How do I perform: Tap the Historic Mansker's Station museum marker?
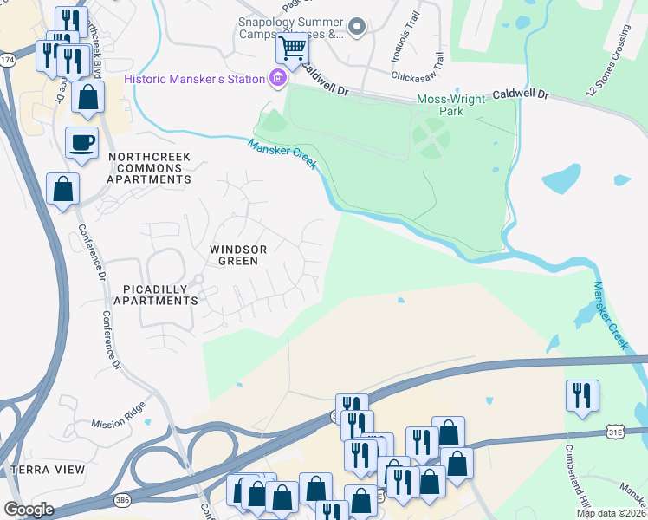coord(277,80)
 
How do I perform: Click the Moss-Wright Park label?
coord(451,105)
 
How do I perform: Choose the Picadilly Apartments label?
coord(160,294)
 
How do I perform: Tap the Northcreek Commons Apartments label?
coord(149,168)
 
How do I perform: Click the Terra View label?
coord(48,470)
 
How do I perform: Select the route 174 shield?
coord(8,60)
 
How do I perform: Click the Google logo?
coord(29,510)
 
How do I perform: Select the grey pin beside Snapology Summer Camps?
coord(355,28)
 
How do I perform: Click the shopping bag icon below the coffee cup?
coord(62,188)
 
